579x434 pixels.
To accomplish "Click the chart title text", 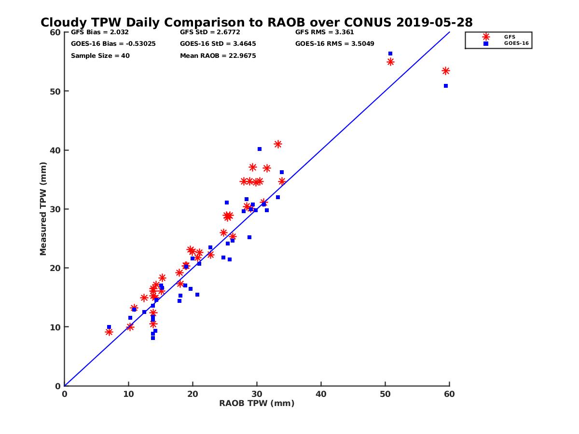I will (x=256, y=22).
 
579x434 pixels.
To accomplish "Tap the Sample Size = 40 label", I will (x=100, y=55).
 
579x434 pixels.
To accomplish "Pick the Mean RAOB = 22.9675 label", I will (x=218, y=55).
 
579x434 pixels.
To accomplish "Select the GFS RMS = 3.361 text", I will (x=324, y=32).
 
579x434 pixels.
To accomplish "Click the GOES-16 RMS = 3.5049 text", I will (x=328, y=43).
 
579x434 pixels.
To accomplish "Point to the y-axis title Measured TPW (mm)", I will (x=43, y=209).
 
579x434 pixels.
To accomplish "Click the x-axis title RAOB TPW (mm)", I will (x=257, y=403).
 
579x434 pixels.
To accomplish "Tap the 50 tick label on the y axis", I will (x=55, y=91).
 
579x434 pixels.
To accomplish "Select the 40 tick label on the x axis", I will (x=321, y=394).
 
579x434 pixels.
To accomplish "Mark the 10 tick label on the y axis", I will (x=55, y=327).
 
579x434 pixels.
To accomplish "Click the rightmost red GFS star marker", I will (x=446, y=71).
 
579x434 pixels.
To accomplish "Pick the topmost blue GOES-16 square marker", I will (x=390, y=54).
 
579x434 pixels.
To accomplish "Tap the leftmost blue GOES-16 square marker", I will (x=109, y=327).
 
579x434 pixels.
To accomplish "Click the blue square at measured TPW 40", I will (x=260, y=149).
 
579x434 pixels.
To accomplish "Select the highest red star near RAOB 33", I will (x=278, y=144).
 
